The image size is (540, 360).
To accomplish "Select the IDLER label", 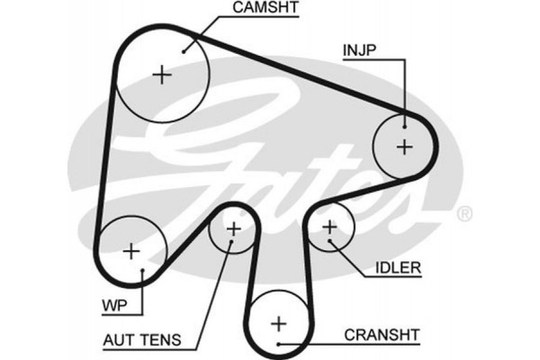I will click(393, 268).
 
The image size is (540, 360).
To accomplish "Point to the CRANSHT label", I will click(382, 335).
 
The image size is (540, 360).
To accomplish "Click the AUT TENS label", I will click(143, 341).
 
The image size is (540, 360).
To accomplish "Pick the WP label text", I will click(114, 307).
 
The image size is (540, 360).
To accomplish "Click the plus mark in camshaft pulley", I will click(162, 75).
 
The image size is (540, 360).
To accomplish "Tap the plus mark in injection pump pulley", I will click(404, 145).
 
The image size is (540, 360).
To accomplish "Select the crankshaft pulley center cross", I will click(278, 322).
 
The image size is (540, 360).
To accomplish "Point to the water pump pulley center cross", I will click(131, 250).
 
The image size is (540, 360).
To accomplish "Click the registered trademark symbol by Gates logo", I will click(464, 214).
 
